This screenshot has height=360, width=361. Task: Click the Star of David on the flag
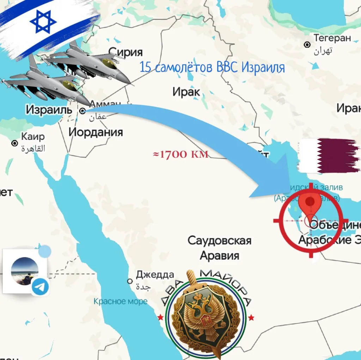point(43,21)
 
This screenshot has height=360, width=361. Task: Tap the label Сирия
point(126,52)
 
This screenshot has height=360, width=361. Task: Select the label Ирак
point(186,92)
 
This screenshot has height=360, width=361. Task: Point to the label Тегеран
point(332,38)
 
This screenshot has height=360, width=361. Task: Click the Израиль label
point(49,110)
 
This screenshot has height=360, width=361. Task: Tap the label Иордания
point(96,132)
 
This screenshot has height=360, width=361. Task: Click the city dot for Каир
point(15,143)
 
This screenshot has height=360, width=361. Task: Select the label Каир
point(33,136)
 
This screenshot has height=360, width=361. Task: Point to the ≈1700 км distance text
point(180,154)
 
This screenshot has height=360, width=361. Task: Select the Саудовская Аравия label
point(219,248)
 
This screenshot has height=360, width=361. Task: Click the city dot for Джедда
point(130,281)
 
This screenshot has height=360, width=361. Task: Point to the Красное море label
point(121,301)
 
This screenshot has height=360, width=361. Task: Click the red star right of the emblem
point(251,318)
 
